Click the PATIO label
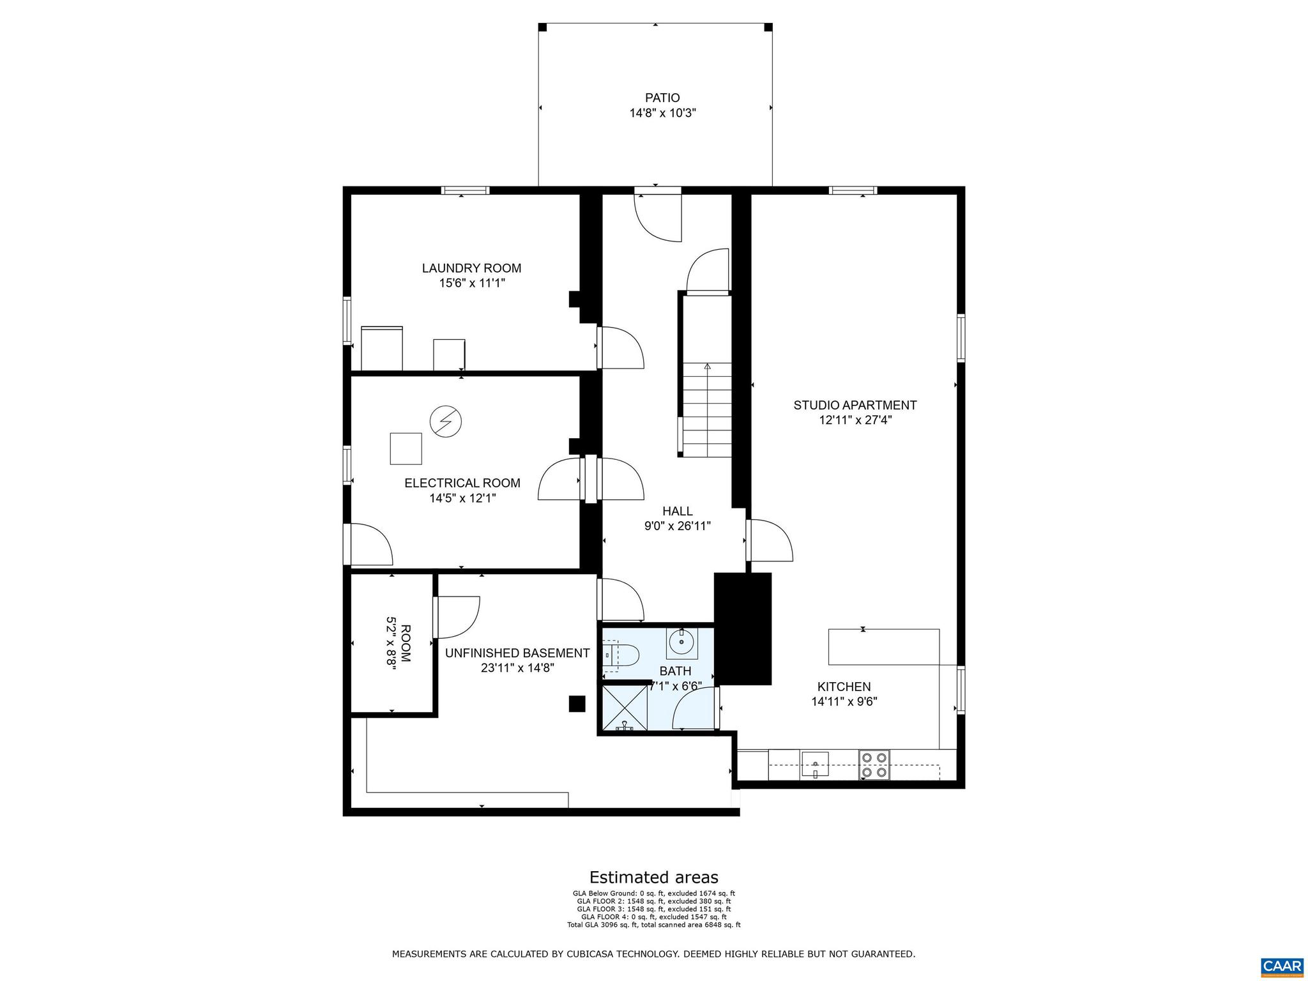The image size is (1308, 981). point(662,98)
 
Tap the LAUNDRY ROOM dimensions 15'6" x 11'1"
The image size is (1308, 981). point(472,283)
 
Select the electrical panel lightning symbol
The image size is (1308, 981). point(445,422)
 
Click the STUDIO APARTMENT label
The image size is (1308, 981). point(855,405)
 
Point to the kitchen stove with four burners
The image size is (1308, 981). point(874,764)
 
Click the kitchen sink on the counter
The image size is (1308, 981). point(815,763)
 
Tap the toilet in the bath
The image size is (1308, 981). point(622,656)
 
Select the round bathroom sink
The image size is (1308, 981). point(682,641)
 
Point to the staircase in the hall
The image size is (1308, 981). point(707,409)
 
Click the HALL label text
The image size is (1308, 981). point(677,511)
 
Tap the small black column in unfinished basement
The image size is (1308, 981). point(577,703)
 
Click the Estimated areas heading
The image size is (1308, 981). point(653,877)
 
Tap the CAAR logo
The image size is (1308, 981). point(1282,965)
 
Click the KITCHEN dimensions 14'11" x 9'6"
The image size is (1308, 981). point(844,701)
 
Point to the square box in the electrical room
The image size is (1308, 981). point(406,448)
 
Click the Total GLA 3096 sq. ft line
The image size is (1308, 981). point(653,924)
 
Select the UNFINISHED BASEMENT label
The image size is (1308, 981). point(517,653)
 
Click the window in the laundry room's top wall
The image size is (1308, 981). point(466,190)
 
